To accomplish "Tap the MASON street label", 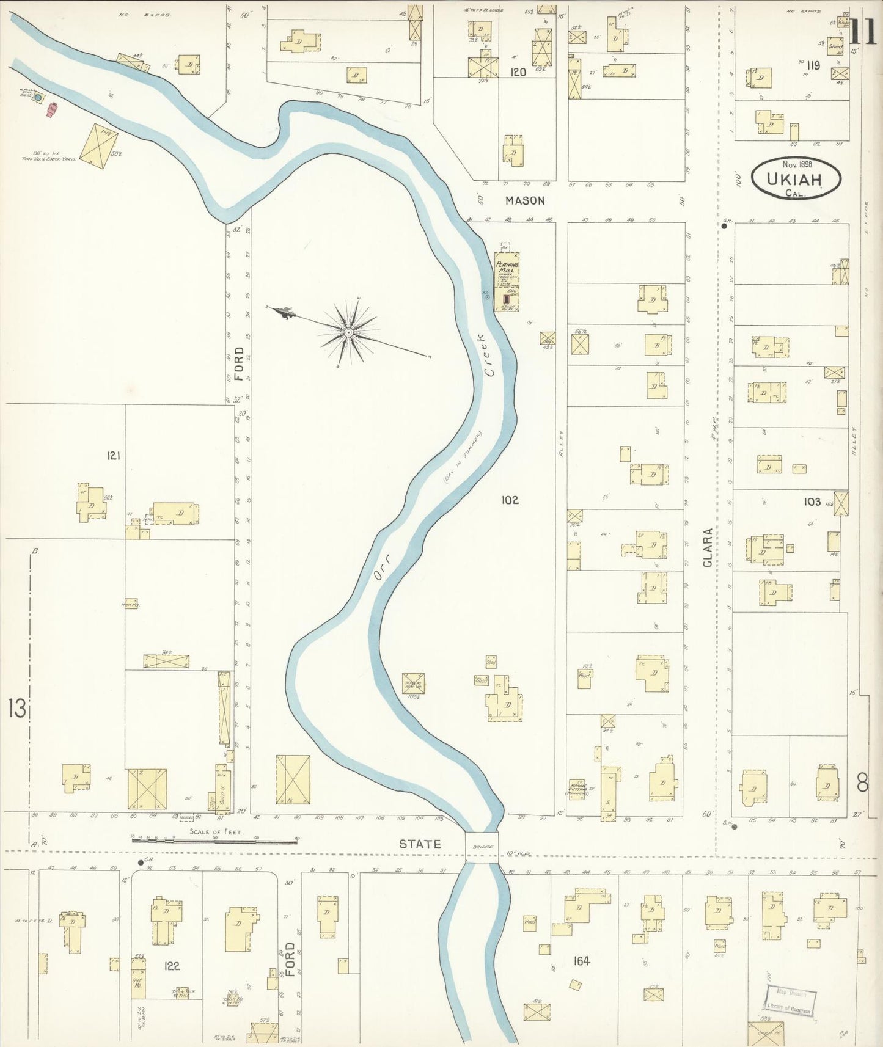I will coord(525,200).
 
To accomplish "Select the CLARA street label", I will coord(708,548).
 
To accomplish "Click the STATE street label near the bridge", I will coord(420,844).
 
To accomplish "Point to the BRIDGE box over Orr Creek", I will coord(482,847).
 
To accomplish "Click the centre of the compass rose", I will coord(348,332).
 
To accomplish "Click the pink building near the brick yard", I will coord(52,109).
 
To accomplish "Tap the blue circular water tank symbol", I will coord(38,97).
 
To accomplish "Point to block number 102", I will coord(510,500).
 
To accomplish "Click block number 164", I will coord(581,961).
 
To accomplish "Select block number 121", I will coord(114,455).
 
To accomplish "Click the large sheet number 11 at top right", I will coord(865,32).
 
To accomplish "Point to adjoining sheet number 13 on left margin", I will coord(16,709).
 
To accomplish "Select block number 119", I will coord(812,65).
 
